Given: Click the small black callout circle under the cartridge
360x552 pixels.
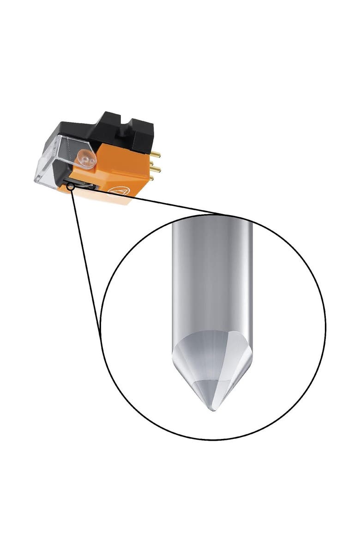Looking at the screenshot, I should tap(71, 186).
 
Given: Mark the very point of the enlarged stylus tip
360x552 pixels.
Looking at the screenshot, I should tap(213, 410).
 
